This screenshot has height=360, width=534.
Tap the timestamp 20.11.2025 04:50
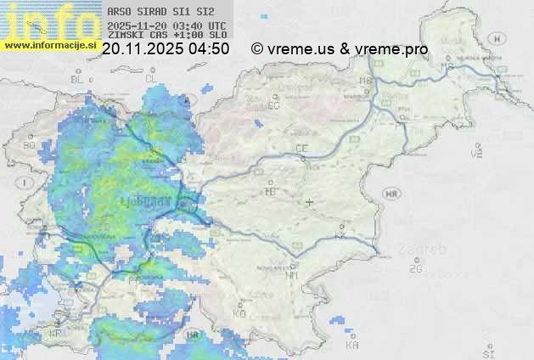166,49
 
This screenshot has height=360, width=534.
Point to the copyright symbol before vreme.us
256,49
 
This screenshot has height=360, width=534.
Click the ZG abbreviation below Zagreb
415,269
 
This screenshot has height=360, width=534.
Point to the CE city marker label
301,149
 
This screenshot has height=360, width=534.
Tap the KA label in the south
352,345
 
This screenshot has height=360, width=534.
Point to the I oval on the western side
26,183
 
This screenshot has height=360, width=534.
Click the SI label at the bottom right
488,351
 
